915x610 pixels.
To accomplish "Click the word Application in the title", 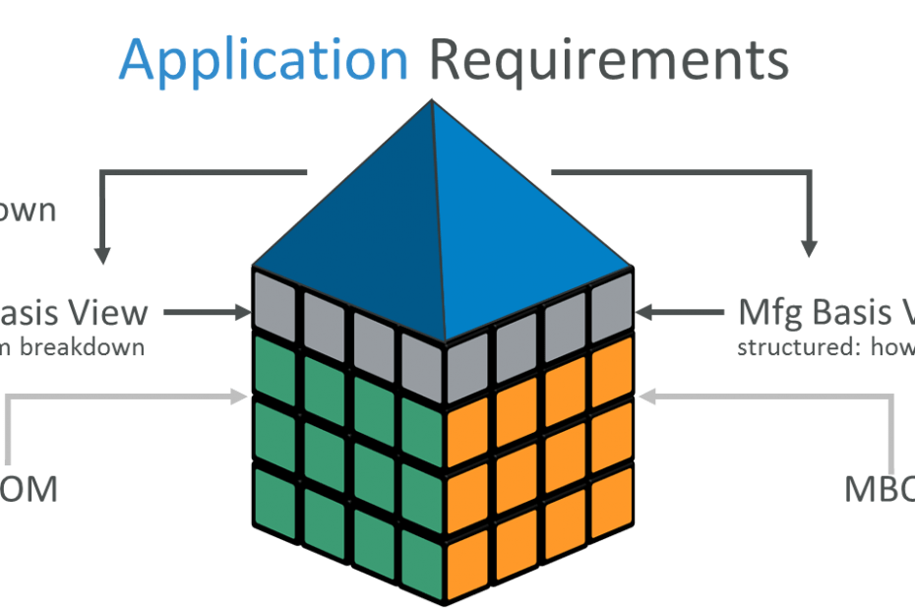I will click(263, 60).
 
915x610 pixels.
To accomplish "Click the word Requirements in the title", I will click(610, 60).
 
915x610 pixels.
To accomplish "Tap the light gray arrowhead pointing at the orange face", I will click(646, 396).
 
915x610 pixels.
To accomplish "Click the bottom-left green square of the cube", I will click(274, 496).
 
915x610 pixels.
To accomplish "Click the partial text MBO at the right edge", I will click(879, 489).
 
